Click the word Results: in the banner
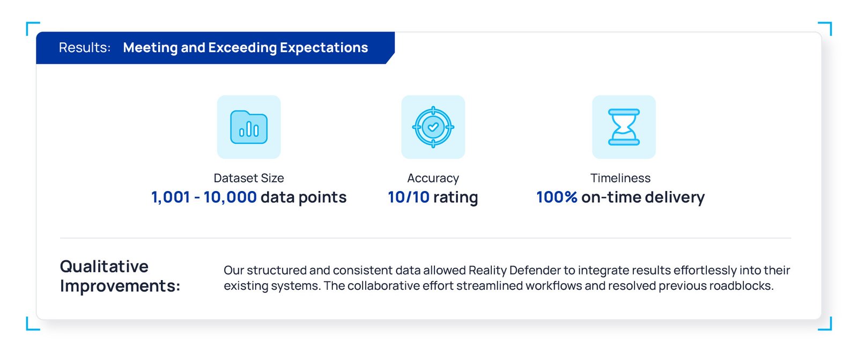click(85, 48)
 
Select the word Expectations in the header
click(324, 48)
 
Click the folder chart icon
click(249, 127)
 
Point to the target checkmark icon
click(433, 127)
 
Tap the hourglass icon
click(624, 127)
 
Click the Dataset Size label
click(249, 178)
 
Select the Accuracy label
click(433, 178)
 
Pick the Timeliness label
click(620, 178)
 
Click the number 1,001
click(171, 197)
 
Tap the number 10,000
click(230, 197)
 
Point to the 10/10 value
click(409, 197)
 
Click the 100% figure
click(557, 197)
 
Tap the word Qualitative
click(104, 266)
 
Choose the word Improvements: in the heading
click(120, 286)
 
